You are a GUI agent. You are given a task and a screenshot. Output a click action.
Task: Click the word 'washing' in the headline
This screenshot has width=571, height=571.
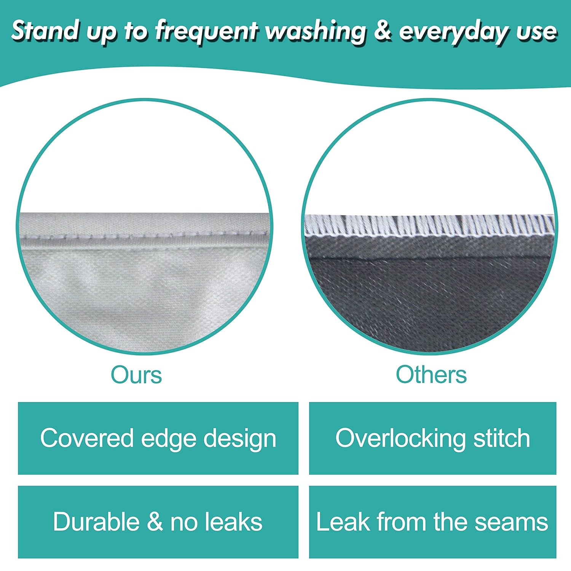316,31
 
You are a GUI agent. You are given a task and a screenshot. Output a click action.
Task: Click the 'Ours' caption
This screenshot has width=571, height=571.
136,375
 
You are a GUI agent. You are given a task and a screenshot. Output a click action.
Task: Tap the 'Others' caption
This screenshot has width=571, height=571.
431,375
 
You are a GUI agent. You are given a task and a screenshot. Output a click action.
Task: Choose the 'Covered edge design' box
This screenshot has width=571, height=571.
158,438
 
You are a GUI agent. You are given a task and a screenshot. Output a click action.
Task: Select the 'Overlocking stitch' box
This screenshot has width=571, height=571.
432,438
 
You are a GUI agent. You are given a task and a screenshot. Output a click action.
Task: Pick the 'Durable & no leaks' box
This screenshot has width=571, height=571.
158,522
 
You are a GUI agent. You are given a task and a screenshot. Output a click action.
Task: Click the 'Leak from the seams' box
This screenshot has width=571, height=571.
432,522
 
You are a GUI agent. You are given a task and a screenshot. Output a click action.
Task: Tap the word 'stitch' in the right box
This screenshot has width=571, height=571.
501,438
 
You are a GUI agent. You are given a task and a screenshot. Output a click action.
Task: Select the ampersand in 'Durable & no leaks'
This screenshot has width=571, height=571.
155,522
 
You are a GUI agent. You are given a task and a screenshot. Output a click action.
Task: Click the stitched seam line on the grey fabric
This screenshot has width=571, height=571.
145,235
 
